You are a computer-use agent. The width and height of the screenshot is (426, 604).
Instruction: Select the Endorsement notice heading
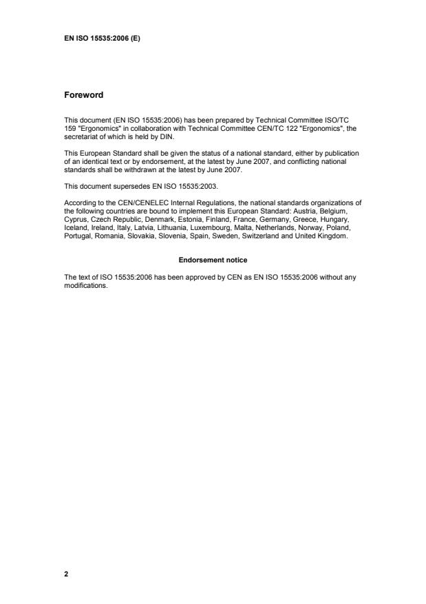pyautogui.click(x=213, y=260)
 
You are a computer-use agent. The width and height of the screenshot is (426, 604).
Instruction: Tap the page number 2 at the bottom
pyautogui.click(x=66, y=573)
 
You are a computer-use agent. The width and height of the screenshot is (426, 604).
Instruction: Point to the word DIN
pyautogui.click(x=169, y=136)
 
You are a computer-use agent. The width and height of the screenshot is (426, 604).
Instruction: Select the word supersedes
pyautogui.click(x=124, y=185)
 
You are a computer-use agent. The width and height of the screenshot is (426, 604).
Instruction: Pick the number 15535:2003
pyautogui.click(x=200, y=185)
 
